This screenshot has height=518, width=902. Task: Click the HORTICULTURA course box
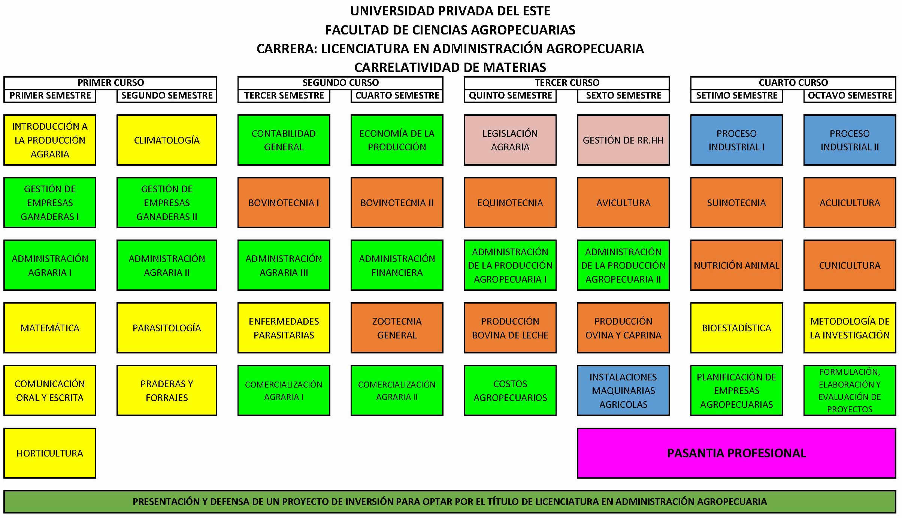click(50, 453)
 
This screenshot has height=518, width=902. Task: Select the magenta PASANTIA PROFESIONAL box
click(736, 453)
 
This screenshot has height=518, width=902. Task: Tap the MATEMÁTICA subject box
click(50, 328)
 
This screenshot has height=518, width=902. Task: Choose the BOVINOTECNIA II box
click(397, 202)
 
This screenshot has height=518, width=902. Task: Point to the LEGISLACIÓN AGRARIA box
click(510, 140)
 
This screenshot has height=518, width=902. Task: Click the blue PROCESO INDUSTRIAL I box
click(736, 140)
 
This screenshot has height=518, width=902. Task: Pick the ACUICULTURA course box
click(850, 202)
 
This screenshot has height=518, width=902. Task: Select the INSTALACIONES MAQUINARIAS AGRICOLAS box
click(623, 390)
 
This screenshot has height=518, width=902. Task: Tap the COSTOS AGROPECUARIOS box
click(510, 390)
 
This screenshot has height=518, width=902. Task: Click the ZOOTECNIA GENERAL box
click(397, 328)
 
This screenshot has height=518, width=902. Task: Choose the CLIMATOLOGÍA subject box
click(167, 140)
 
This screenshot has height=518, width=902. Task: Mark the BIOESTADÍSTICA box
click(736, 328)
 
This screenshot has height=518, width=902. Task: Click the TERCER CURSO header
click(567, 82)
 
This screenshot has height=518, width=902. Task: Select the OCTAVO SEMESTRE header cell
click(850, 96)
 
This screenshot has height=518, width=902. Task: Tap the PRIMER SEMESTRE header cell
click(50, 96)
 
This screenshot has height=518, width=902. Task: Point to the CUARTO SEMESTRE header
click(397, 96)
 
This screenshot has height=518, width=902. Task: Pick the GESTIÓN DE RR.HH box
click(623, 140)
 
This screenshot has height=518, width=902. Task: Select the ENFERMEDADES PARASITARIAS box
click(284, 328)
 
